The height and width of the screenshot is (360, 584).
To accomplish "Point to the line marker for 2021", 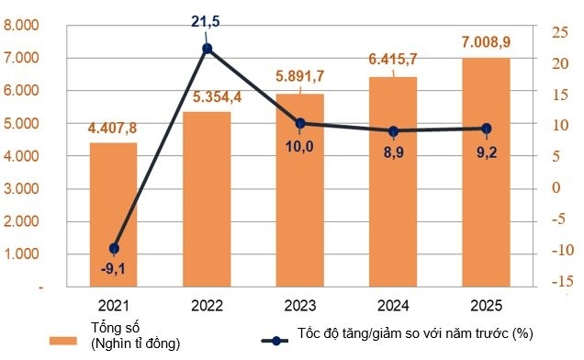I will [114, 249].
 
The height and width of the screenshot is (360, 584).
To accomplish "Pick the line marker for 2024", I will [393, 131].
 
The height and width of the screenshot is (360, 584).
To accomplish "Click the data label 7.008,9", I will [487, 42].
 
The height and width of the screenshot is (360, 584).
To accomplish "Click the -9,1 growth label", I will [114, 268].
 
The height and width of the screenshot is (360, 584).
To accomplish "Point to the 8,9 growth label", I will [392, 151].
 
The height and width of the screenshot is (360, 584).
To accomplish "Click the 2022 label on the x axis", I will [207, 305].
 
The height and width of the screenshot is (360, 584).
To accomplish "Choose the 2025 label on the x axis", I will [486, 305].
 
